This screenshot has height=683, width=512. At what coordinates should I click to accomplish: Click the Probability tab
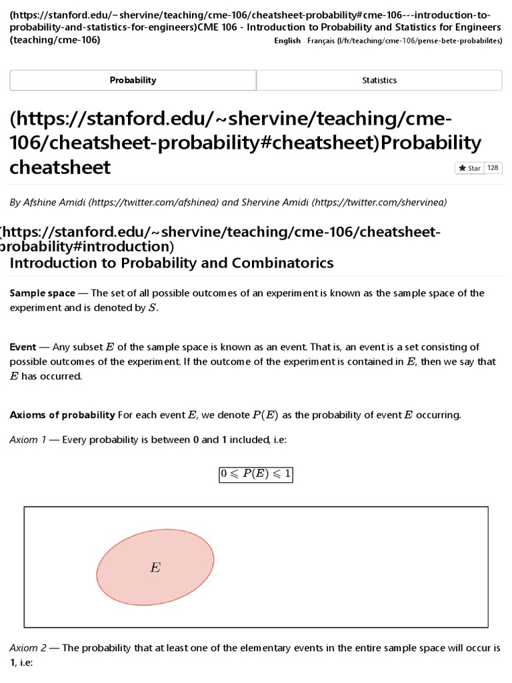pyautogui.click(x=133, y=80)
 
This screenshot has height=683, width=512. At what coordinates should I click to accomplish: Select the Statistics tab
pyautogui.click(x=379, y=80)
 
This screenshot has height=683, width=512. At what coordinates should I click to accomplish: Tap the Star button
pyautogui.click(x=470, y=168)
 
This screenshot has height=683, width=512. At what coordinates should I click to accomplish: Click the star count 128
pyautogui.click(x=493, y=168)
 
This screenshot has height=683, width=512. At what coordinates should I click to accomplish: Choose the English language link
pyautogui.click(x=287, y=41)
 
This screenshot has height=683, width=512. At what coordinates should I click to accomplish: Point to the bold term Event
pyautogui.click(x=23, y=347)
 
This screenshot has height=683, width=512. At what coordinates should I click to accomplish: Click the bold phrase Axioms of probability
pyautogui.click(x=62, y=415)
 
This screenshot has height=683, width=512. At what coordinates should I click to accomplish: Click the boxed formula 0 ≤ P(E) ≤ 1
pyautogui.click(x=256, y=475)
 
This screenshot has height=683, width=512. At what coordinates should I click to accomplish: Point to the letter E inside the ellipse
pyautogui.click(x=155, y=568)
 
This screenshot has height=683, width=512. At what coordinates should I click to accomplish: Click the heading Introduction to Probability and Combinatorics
pyautogui.click(x=171, y=263)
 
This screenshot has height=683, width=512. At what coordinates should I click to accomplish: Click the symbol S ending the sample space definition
pyautogui.click(x=157, y=308)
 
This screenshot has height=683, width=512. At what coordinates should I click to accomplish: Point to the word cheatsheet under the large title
pyautogui.click(x=60, y=167)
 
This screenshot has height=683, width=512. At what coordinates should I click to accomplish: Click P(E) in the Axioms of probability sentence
pyautogui.click(x=265, y=415)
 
